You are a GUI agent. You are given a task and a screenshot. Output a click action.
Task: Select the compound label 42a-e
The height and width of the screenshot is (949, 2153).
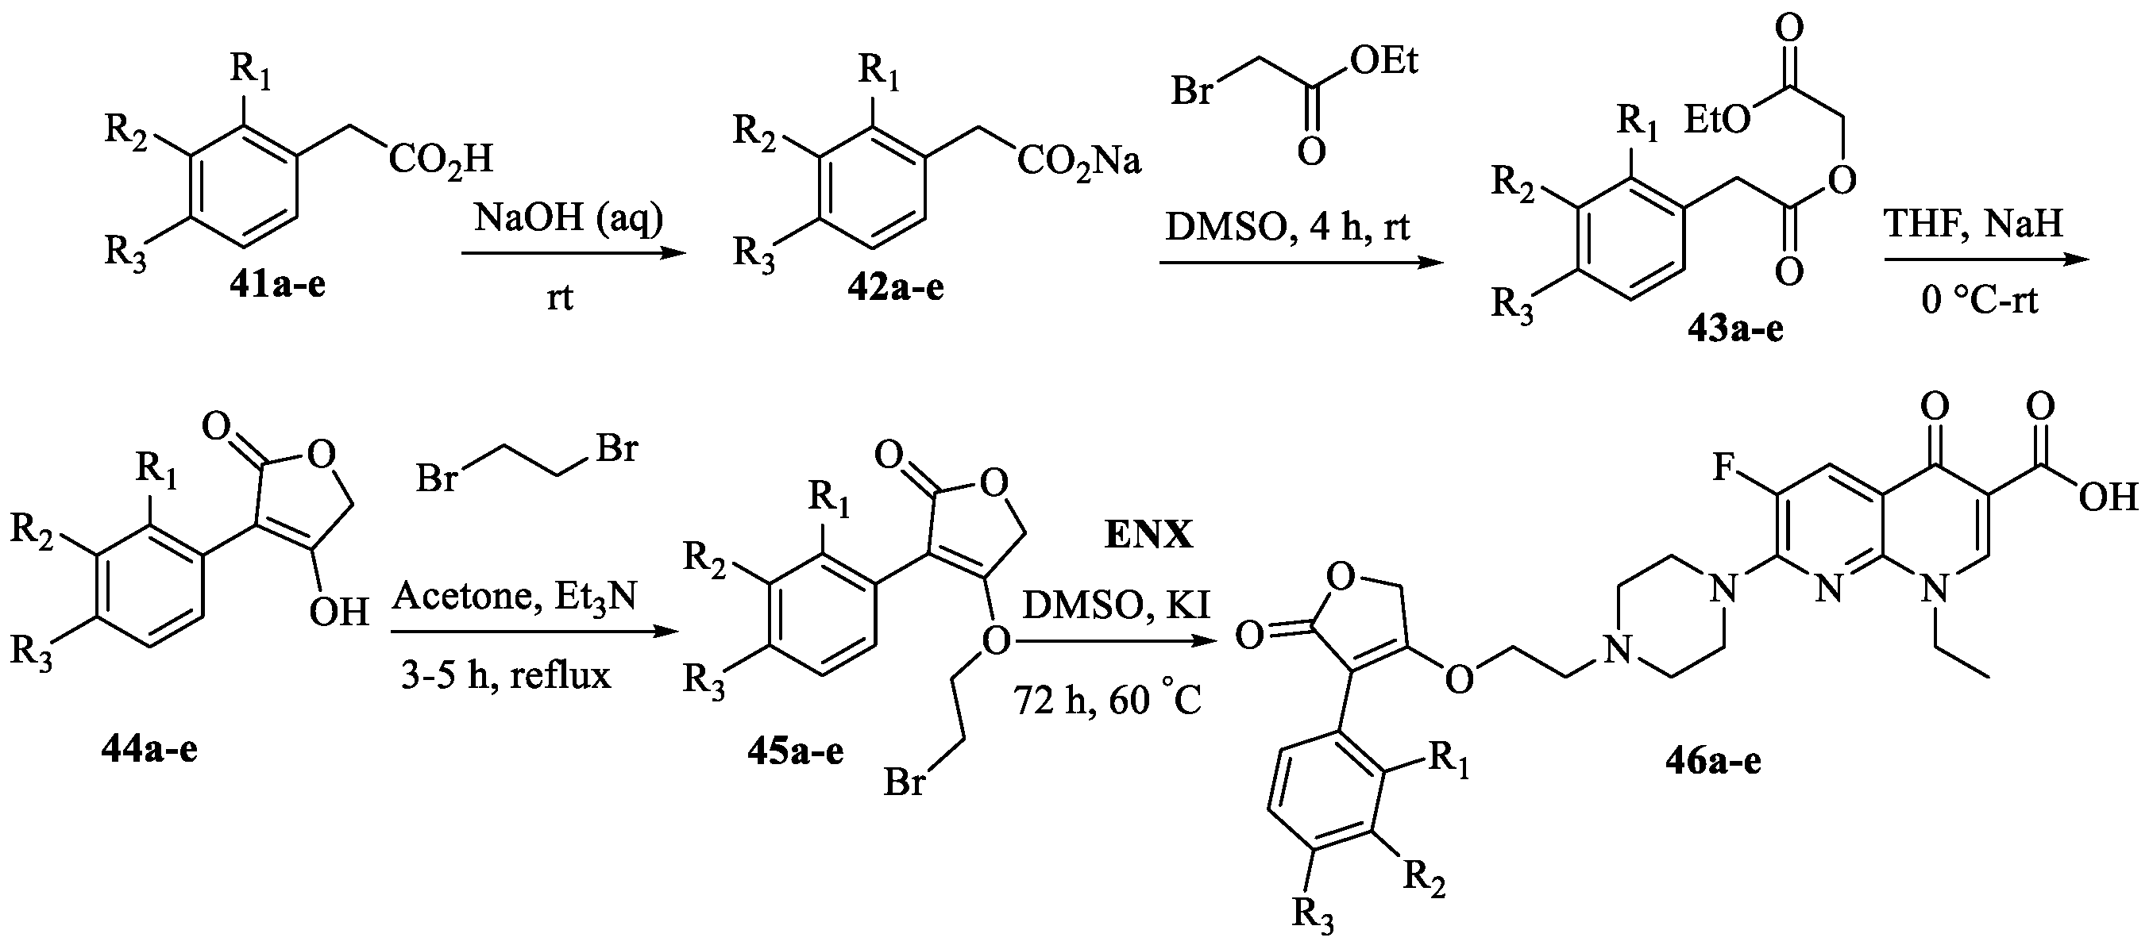(x=896, y=287)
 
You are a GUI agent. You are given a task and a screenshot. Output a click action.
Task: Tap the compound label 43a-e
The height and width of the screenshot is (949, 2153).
(x=1735, y=329)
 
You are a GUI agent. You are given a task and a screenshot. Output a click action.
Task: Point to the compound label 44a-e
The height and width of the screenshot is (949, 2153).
(x=149, y=750)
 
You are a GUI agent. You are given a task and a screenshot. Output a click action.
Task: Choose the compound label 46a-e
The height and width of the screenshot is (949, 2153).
(x=1711, y=762)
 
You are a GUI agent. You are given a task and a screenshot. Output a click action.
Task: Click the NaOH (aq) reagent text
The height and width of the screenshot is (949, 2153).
(x=569, y=219)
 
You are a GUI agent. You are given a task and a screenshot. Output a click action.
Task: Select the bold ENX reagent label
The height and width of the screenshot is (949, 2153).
(x=1148, y=535)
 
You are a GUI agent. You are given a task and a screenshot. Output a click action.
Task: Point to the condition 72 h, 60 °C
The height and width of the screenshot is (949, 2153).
(x=1107, y=700)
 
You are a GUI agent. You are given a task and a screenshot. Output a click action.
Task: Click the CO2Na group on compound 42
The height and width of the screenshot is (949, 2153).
(x=1079, y=161)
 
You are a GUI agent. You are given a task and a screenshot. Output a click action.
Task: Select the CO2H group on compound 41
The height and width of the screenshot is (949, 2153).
(x=441, y=159)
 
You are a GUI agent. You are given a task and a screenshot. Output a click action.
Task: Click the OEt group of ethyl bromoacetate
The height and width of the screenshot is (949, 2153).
(x=1384, y=62)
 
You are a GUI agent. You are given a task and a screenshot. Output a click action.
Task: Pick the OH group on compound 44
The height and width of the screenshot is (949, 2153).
(x=338, y=613)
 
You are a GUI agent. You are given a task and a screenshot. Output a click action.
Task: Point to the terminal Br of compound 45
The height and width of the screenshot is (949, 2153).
(x=905, y=782)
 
